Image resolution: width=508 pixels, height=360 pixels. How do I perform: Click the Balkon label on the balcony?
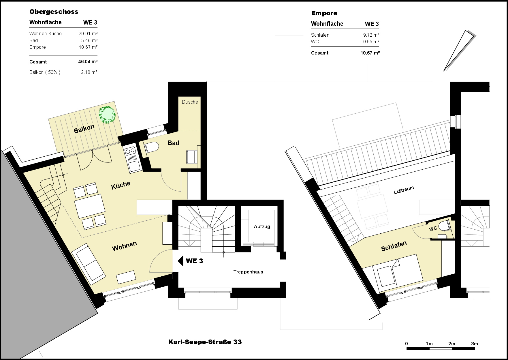click(84, 129)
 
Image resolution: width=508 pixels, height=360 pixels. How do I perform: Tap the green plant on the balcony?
click(107, 115)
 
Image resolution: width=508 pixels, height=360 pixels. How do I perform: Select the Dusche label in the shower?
click(190, 102)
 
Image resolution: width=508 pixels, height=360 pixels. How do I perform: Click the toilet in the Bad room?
click(152, 147)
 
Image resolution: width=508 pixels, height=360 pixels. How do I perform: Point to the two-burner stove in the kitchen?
click(130, 150)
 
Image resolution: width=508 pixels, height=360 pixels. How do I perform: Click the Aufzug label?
click(262, 226)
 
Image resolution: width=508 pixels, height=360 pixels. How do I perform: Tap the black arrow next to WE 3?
click(180, 261)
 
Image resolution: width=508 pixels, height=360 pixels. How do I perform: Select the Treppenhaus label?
click(248, 272)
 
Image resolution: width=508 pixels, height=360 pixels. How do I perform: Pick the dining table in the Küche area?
click(90, 206)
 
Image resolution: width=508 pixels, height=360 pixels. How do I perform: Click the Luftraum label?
click(404, 190)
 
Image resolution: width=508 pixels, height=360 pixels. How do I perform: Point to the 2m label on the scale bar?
click(451, 344)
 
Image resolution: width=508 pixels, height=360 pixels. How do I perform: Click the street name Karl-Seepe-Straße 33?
click(205, 342)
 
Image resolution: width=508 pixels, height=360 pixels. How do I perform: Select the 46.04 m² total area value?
click(88, 61)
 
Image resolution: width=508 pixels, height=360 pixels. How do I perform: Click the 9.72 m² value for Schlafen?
click(371, 35)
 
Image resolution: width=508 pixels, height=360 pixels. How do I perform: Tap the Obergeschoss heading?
click(54, 12)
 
